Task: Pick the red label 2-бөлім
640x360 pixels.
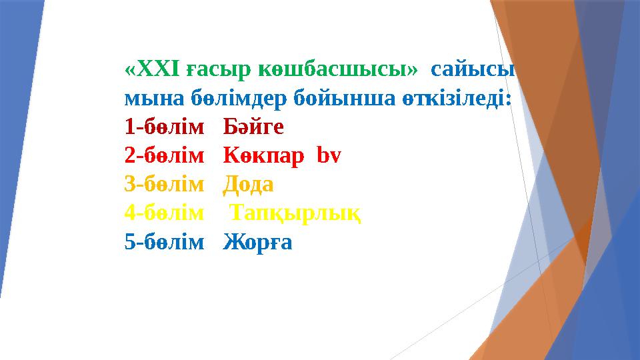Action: (x=164, y=155)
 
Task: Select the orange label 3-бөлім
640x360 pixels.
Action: (x=164, y=184)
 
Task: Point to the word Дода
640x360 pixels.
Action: (x=248, y=184)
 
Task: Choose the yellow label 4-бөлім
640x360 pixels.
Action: (x=164, y=213)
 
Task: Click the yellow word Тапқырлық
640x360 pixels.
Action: (x=296, y=213)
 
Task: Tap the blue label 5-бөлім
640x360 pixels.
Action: (x=164, y=241)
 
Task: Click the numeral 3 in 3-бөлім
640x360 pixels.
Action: (x=129, y=184)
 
